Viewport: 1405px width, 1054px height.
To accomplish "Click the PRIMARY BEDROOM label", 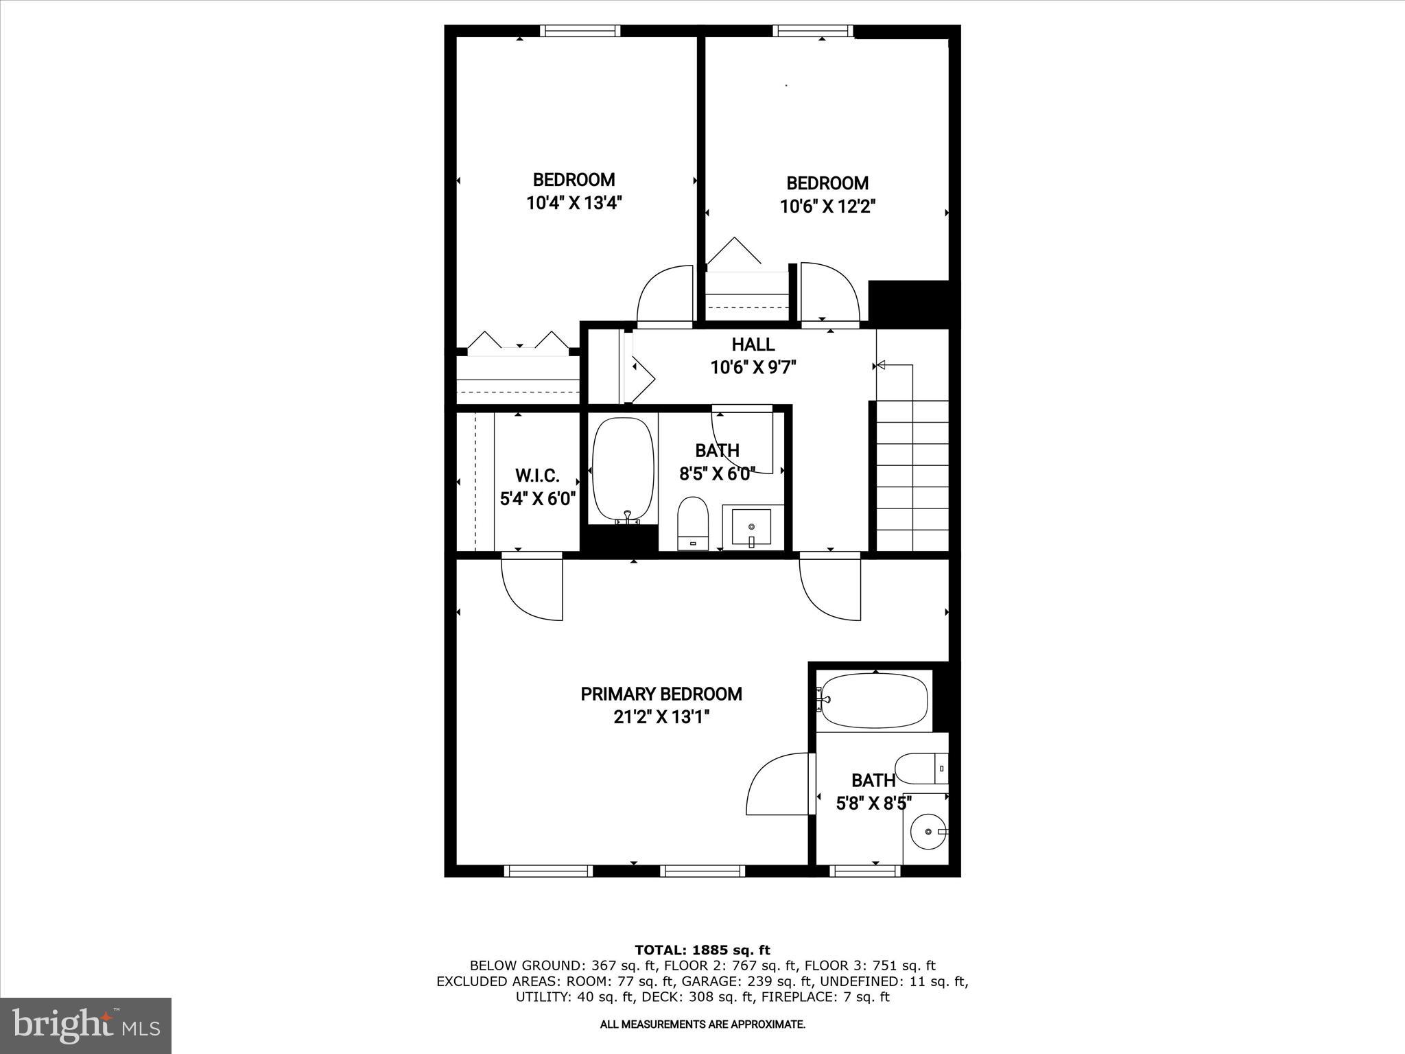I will tap(661, 694).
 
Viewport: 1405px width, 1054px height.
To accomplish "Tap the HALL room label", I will tap(753, 344).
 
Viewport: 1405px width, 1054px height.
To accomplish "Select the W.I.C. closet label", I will tap(537, 475).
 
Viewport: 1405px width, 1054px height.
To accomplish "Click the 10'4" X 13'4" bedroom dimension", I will tap(574, 203).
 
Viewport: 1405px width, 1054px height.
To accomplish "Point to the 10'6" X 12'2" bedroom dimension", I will tap(827, 207).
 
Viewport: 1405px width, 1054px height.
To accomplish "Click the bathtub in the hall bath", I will tap(623, 470).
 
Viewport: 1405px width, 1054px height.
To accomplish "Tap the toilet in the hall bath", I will tap(692, 523).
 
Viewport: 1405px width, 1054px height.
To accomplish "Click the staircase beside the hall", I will tap(912, 473).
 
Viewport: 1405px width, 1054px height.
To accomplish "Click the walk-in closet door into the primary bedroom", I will tap(532, 589).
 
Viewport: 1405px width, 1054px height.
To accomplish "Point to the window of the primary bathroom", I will tap(864, 871).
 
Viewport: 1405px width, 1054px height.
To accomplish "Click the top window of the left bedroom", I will tap(580, 31).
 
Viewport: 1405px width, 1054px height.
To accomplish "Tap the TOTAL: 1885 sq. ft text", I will tap(702, 950).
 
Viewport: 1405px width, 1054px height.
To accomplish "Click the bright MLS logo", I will tap(86, 1025).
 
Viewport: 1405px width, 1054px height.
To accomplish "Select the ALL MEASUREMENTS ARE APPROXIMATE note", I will tap(702, 1024).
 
